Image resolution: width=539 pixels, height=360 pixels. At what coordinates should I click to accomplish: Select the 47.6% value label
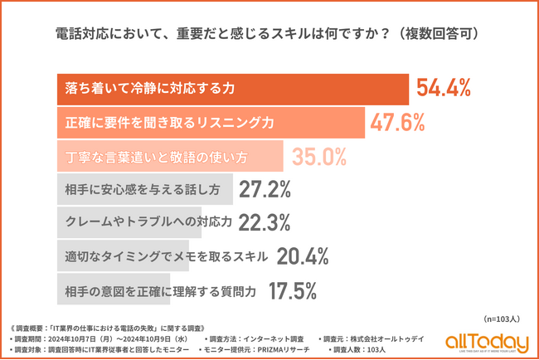coord(398,122)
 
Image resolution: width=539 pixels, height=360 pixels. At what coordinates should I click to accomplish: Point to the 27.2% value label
coord(265,190)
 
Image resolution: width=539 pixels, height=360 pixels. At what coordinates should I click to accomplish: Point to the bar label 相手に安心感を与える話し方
coord(143,190)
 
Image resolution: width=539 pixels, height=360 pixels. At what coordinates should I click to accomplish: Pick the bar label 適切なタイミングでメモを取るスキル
coord(166,257)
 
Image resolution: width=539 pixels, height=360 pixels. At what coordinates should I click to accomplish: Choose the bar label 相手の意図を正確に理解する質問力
coord(159,291)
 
